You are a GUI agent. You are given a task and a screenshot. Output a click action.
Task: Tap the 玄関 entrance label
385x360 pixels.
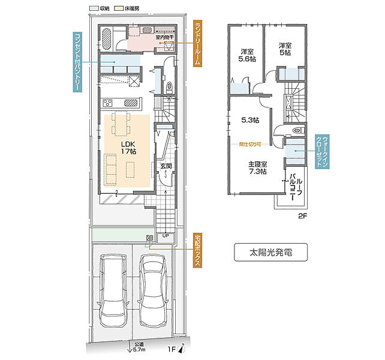tap(166, 166)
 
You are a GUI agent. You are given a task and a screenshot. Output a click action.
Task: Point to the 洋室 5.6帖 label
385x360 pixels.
tap(245, 55)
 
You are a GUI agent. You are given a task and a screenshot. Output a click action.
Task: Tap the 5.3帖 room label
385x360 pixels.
tap(250, 120)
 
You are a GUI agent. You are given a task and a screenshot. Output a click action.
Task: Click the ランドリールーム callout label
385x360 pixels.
tap(199, 43)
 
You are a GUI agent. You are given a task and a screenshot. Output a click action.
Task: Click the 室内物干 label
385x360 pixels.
tap(164, 37)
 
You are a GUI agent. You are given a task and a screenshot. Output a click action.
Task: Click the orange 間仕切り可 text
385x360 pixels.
tap(250, 144)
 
